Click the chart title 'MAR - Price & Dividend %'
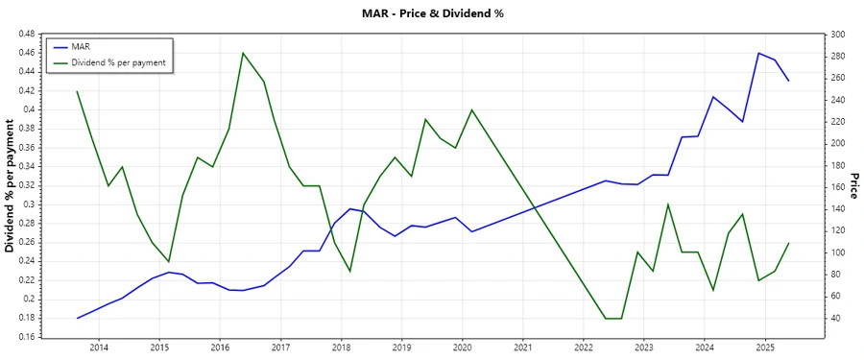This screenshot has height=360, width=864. (431, 13)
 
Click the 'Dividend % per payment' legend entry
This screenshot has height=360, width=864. (118, 61)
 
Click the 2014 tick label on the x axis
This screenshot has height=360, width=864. (99, 347)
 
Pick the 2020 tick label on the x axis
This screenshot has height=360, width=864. (462, 347)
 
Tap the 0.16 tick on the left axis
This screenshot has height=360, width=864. (26, 337)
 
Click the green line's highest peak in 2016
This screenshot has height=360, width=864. (243, 53)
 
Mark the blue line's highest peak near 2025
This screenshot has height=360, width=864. (759, 53)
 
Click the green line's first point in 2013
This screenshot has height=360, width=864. (77, 91)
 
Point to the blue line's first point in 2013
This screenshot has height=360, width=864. (77, 318)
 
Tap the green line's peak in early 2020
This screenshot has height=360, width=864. (471, 109)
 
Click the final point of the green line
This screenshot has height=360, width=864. (789, 243)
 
